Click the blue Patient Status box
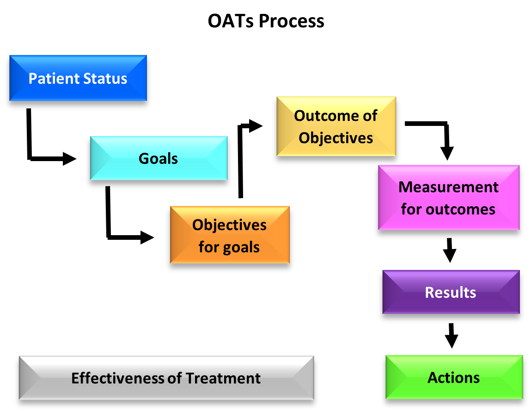tap(78, 78)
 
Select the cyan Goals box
tap(159, 158)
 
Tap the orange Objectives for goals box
tap(230, 235)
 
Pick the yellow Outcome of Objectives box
tap(336, 126)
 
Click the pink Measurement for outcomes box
tap(448, 197)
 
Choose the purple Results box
tap(451, 292)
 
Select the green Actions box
tap(454, 377)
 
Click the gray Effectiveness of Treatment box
tap(166, 378)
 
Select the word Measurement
tap(448, 187)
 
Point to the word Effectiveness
tap(118, 378)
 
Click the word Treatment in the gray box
tap(223, 378)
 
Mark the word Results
tap(451, 292)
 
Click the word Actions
tap(454, 377)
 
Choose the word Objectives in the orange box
tap(230, 225)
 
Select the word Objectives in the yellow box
tap(336, 137)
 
